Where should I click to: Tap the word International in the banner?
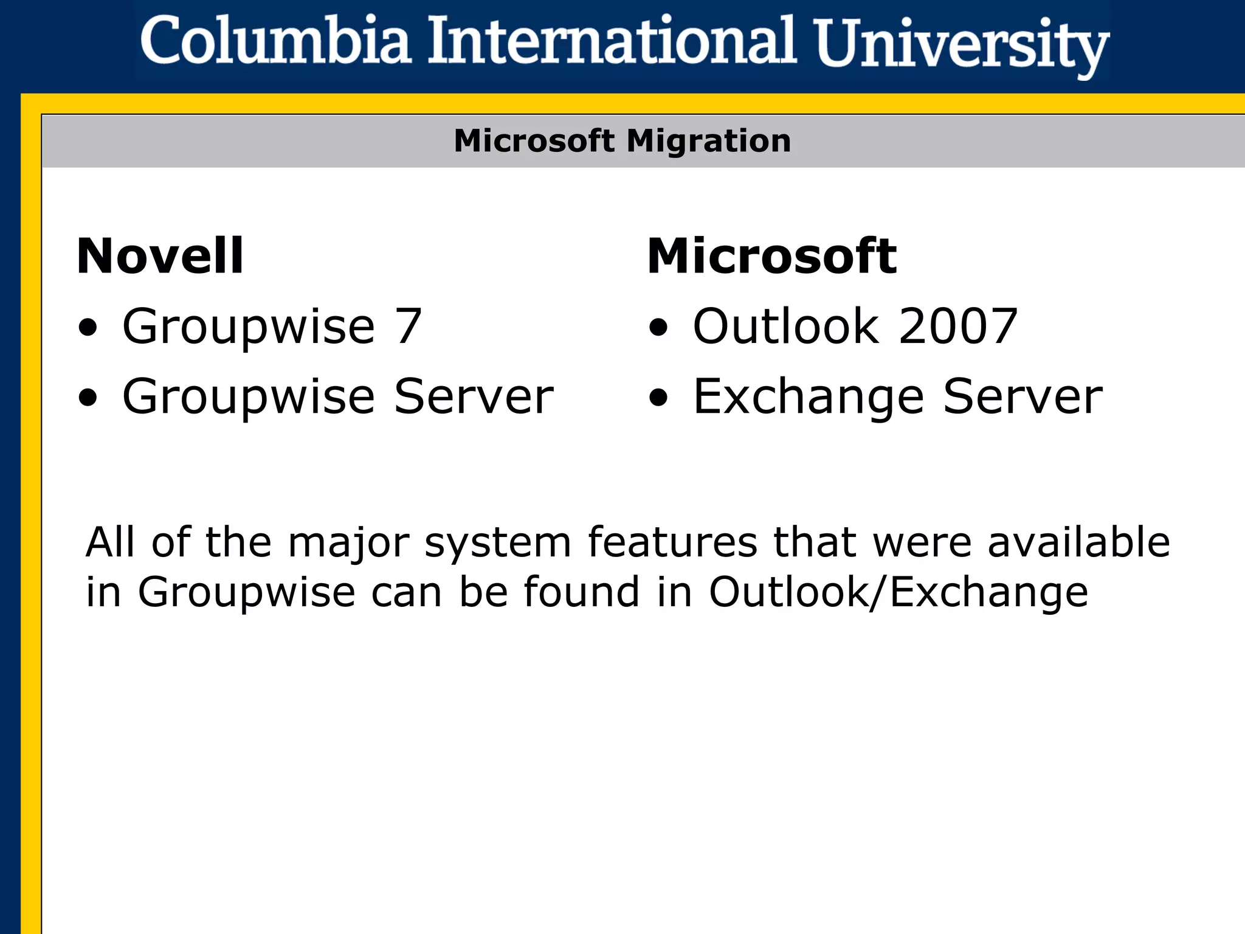[x=612, y=41]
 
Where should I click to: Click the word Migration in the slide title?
[x=709, y=141]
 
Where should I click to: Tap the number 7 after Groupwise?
[x=409, y=327]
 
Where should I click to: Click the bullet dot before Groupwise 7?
[x=88, y=328]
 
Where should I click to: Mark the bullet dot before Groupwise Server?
[x=88, y=398]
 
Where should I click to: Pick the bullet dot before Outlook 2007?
[x=658, y=328]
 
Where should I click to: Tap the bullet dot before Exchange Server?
[x=658, y=398]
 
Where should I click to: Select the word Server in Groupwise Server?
[x=474, y=396]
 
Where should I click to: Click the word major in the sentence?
[x=348, y=543]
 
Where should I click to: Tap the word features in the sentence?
[x=672, y=542]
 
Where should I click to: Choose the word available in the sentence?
[x=1078, y=542]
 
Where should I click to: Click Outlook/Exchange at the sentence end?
[x=898, y=592]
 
